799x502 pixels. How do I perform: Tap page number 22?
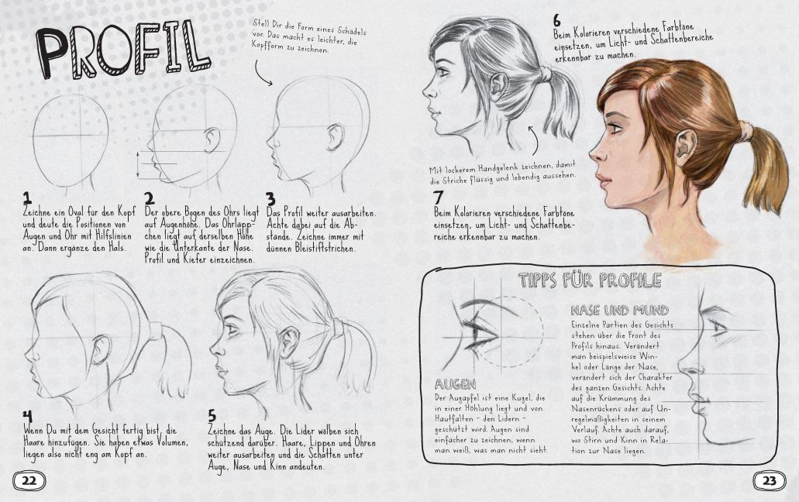[x=29, y=480]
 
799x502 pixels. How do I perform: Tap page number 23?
[x=770, y=480]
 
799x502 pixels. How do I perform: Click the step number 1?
[x=27, y=198]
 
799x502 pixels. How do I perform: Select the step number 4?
[x=28, y=418]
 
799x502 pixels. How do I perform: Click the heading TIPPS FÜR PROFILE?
[x=590, y=280]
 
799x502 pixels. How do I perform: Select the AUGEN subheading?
[x=455, y=384]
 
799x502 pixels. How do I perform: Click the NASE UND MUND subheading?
[x=620, y=310]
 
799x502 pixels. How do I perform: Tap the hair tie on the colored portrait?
[x=746, y=130]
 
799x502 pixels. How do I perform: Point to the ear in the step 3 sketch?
[x=335, y=137]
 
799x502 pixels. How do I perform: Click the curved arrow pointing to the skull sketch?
[x=262, y=75]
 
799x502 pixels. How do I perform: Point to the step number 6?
[x=557, y=21]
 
